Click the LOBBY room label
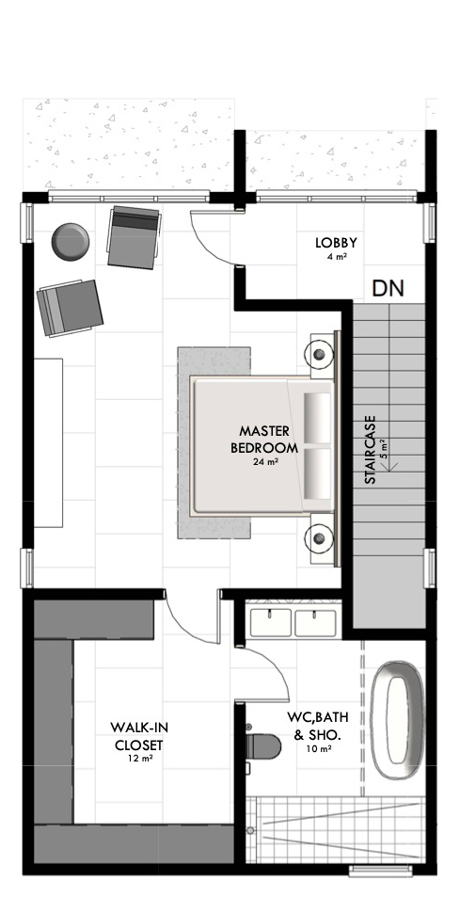337,243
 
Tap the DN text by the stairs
388,289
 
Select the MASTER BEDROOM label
264,440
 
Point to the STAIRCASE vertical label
371,450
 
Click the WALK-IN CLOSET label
139,736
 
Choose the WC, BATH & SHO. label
317,726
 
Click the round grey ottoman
71,242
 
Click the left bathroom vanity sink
271,622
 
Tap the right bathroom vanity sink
315,622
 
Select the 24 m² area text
265,461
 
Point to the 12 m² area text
140,759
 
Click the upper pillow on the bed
317,418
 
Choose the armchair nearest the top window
135,237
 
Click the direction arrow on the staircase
390,465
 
